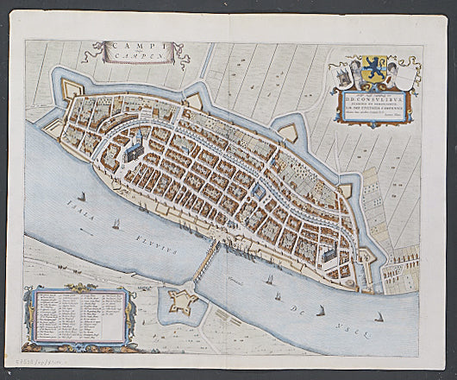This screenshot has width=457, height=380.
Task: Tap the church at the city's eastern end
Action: click(x=327, y=251)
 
